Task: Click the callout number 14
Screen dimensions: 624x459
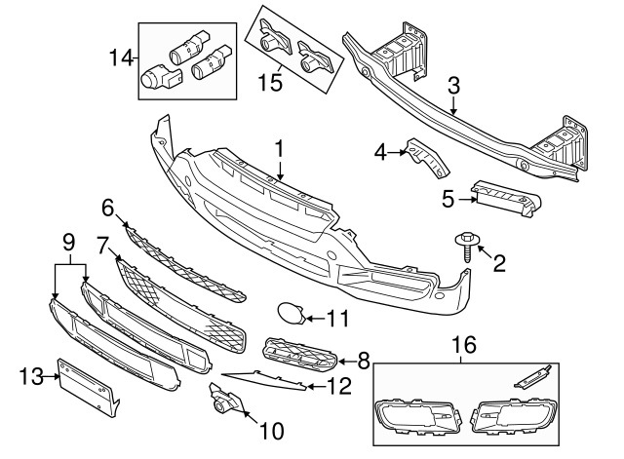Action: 121,58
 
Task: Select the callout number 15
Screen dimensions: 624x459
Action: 270,83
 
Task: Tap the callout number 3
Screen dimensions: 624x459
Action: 453,85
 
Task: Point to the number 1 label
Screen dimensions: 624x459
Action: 280,148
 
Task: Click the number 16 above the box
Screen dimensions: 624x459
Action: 464,344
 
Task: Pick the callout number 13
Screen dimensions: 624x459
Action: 31,376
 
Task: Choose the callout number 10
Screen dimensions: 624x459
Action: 272,431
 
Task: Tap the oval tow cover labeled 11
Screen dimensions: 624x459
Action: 291,314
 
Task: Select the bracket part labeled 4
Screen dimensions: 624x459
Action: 426,157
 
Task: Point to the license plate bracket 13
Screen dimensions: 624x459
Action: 89,387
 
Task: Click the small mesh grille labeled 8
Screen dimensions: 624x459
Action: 300,354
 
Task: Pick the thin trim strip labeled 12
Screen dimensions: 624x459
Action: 264,380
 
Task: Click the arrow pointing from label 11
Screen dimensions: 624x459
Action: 316,319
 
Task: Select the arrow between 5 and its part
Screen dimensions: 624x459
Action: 467,200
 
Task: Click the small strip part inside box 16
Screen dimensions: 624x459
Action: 532,376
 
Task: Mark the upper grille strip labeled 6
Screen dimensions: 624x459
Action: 185,264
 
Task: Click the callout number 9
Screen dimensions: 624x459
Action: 69,242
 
